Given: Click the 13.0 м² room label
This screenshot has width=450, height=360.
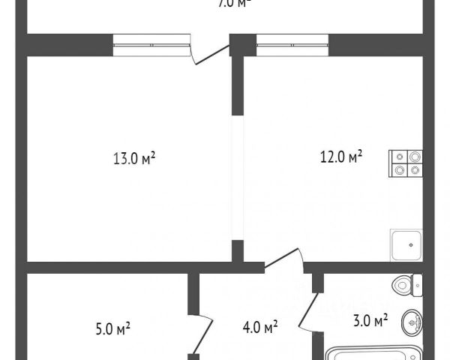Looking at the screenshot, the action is tap(134, 158).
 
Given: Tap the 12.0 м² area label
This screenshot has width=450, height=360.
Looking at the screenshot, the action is tap(341, 157).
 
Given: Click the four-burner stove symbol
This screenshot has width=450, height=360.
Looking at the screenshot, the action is tap(406, 163).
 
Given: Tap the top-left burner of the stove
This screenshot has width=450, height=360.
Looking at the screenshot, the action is tap(398, 157).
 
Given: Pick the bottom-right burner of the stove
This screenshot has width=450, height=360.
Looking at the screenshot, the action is tap(414, 170).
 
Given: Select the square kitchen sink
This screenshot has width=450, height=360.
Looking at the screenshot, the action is tap(406, 244).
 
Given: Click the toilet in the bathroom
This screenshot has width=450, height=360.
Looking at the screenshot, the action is tap(407, 285).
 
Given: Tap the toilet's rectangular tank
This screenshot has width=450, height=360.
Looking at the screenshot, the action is tap(418, 285).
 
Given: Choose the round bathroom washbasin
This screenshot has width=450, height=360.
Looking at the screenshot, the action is tap(412, 323).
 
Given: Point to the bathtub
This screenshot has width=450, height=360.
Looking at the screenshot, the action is tap(375, 352).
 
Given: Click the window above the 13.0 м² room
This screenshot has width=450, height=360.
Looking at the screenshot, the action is tap(151, 45).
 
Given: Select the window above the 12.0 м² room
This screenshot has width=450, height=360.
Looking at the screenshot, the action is tap(292, 45).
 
